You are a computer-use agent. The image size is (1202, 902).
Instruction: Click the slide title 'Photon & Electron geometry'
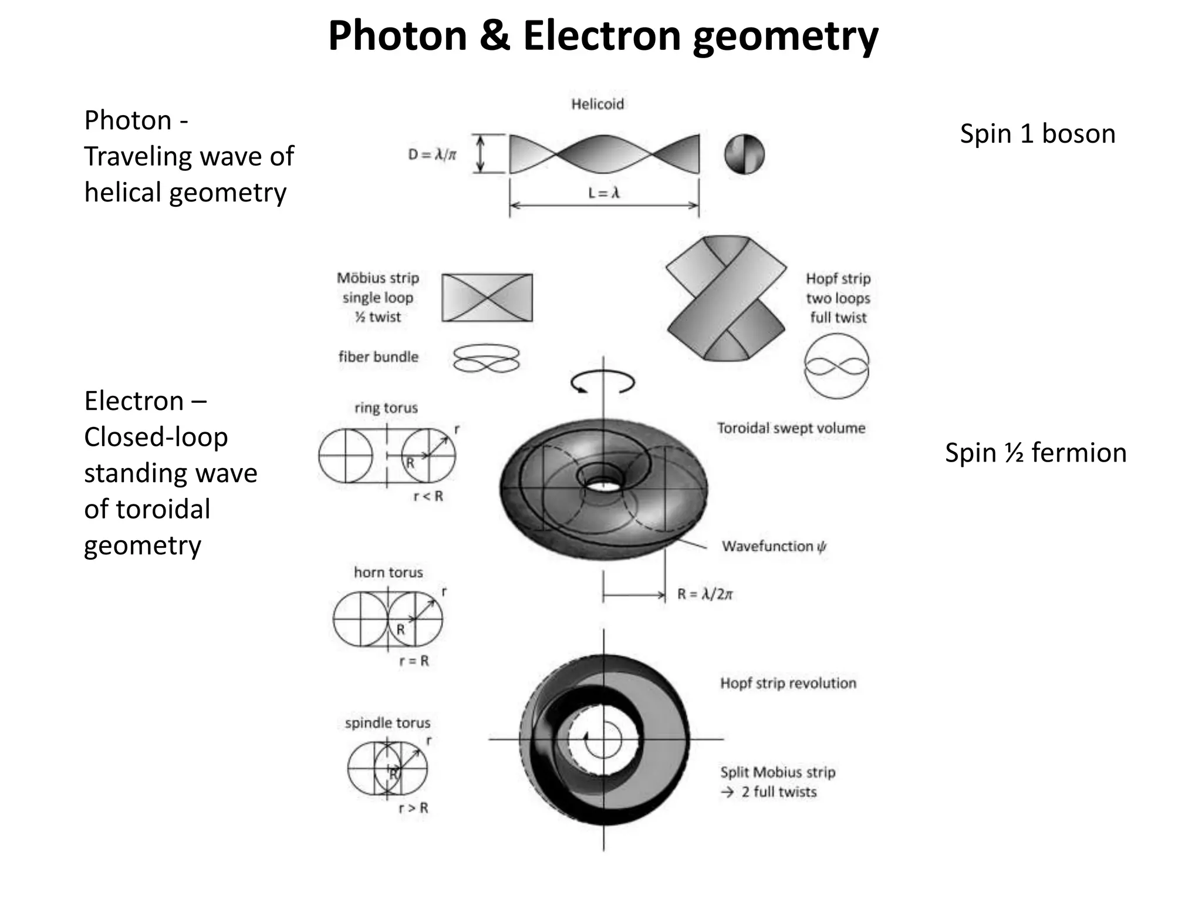click(603, 36)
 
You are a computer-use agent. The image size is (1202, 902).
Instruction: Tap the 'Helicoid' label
click(597, 105)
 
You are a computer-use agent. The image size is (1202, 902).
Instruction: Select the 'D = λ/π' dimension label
click(432, 155)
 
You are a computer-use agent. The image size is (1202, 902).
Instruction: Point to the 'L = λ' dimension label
click(604, 193)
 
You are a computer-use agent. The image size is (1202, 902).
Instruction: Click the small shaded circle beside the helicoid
click(744, 154)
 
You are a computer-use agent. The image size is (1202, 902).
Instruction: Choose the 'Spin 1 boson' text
click(1037, 134)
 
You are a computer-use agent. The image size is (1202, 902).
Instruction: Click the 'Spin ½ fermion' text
click(1035, 453)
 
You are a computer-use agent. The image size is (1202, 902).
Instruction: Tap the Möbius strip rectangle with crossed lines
click(487, 298)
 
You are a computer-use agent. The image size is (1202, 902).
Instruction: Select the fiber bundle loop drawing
click(487, 358)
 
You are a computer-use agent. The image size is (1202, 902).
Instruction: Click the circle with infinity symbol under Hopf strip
click(836, 366)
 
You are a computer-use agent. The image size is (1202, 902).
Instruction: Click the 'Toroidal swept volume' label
click(791, 428)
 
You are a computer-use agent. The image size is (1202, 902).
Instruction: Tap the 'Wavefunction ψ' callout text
click(774, 547)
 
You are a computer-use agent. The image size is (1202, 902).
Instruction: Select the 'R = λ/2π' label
click(705, 594)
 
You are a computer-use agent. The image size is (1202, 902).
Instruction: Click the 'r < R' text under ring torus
click(428, 497)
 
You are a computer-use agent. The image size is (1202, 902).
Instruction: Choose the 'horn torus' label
click(388, 573)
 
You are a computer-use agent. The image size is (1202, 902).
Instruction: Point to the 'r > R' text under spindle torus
click(413, 808)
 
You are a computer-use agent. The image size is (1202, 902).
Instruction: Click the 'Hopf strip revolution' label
click(788, 684)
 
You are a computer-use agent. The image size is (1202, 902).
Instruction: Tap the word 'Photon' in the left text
click(127, 120)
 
